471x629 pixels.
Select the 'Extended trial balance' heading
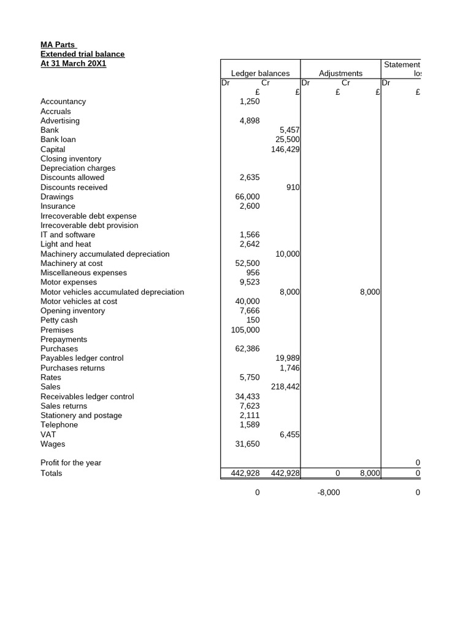click(82, 54)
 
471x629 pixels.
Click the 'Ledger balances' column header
click(260, 73)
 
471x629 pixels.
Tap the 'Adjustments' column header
click(340, 73)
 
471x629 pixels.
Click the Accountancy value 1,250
click(249, 101)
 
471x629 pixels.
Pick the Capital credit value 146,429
click(285, 149)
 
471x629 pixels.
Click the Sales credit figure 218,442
click(285, 387)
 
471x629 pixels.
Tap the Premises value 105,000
click(245, 330)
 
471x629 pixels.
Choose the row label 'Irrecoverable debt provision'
click(89, 225)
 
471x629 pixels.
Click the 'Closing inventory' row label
click(71, 158)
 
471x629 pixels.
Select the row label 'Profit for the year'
click(71, 463)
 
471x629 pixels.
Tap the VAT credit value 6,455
click(289, 434)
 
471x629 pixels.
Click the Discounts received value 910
click(293, 187)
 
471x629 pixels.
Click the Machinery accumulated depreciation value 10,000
click(287, 254)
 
